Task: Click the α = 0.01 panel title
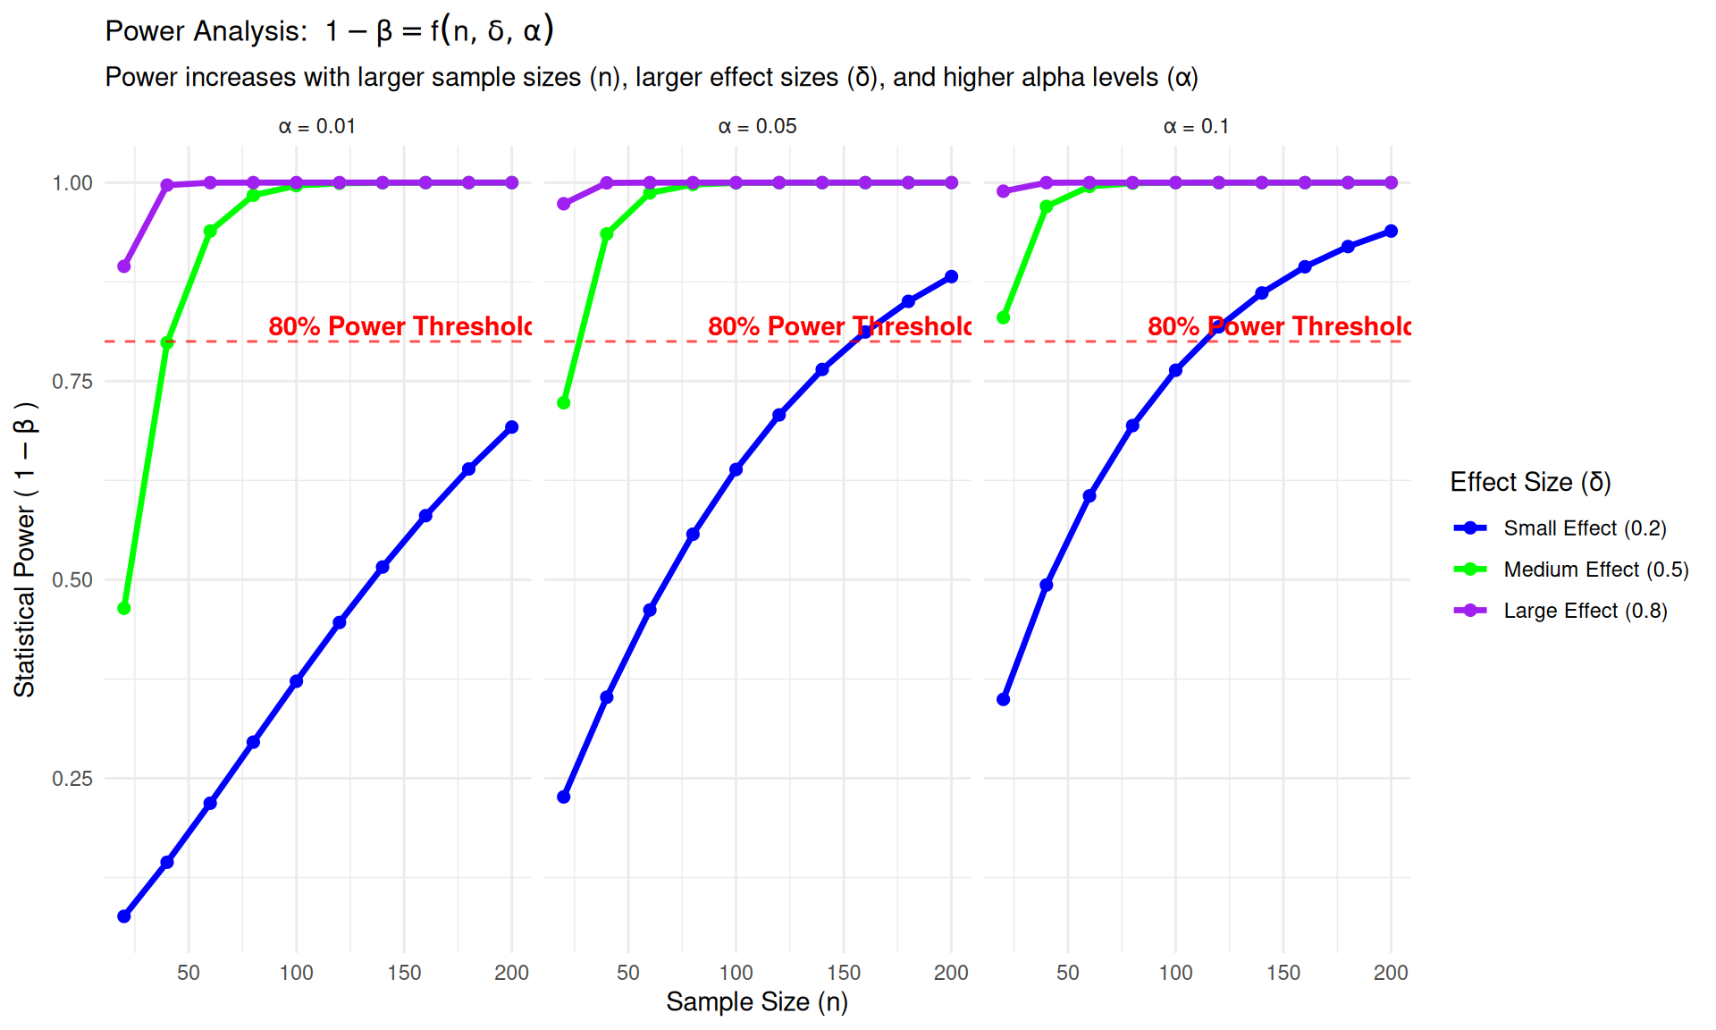click(x=316, y=127)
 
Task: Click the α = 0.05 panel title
click(x=757, y=127)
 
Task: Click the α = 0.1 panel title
click(x=1196, y=127)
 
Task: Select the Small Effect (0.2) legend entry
click(x=1584, y=528)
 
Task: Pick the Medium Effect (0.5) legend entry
click(x=1595, y=570)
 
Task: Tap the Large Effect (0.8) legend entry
click(x=1585, y=611)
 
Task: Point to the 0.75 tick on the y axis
click(x=72, y=382)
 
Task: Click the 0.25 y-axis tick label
click(x=72, y=779)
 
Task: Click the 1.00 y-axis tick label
click(x=72, y=183)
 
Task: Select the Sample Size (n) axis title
click(x=757, y=1001)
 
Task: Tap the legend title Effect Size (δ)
click(x=1530, y=482)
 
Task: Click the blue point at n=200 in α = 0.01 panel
click(x=512, y=427)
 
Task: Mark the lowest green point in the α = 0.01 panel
click(x=124, y=608)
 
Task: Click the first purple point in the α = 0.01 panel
click(x=124, y=266)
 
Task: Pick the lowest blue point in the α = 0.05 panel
click(x=564, y=797)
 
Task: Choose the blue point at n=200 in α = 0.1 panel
click(x=1391, y=232)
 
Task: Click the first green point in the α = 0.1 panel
click(x=1004, y=317)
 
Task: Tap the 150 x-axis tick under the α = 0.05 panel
click(x=844, y=973)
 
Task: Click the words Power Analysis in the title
click(x=206, y=31)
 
